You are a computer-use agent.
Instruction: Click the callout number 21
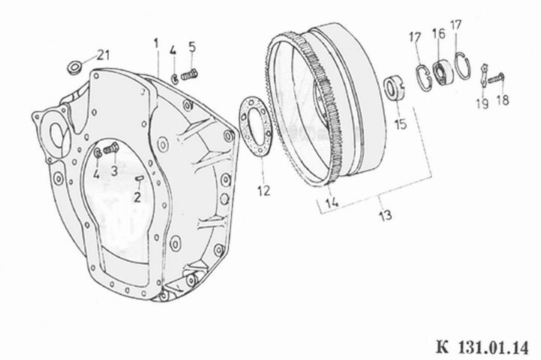click(x=103, y=55)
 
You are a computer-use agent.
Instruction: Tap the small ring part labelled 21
click(x=74, y=67)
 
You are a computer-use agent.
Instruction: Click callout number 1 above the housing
click(x=156, y=43)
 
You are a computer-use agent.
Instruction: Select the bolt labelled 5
click(x=189, y=74)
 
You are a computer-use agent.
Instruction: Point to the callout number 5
click(x=192, y=46)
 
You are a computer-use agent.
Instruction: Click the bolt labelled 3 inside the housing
click(x=111, y=149)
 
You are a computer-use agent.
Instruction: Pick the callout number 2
click(x=137, y=197)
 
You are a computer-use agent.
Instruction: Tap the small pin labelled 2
click(x=139, y=178)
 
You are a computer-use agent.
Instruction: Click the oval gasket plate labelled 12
click(x=256, y=126)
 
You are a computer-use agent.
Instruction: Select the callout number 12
click(x=263, y=190)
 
